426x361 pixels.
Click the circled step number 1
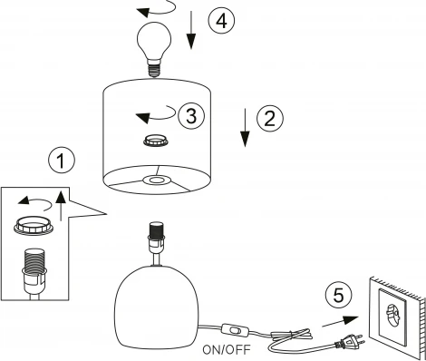point(62,161)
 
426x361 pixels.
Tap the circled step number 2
point(270,118)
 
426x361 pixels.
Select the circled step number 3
point(191,116)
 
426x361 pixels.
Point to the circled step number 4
point(221,21)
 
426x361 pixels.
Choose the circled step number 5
point(338,295)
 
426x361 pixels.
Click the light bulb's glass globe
point(154,39)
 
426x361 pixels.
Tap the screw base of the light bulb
point(154,68)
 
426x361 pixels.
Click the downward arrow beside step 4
point(191,30)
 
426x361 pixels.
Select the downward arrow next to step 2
point(245,128)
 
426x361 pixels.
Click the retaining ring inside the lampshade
point(155,141)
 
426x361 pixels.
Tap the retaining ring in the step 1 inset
point(34,225)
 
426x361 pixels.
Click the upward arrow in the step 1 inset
point(62,206)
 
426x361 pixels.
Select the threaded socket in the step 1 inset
point(34,270)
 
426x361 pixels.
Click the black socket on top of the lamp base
point(156,229)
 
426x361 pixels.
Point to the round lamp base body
point(157,307)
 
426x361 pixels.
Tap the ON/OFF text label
point(227,350)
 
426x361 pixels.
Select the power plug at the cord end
point(350,341)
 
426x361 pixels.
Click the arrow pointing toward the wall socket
point(340,321)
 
